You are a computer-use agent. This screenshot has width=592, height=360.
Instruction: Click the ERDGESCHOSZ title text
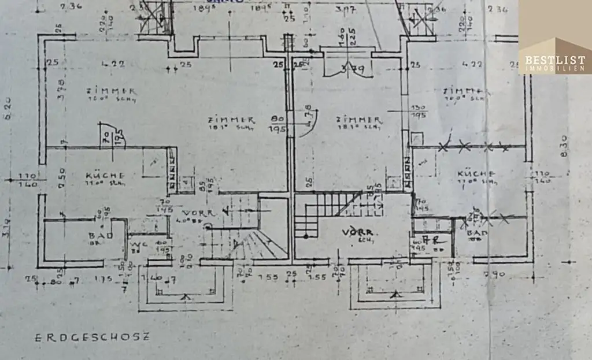click(x=91, y=337)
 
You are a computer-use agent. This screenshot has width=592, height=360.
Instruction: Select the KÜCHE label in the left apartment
click(x=106, y=175)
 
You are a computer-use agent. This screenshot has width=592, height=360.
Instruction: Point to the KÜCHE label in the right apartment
click(x=476, y=174)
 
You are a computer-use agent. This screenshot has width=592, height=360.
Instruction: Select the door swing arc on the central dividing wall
click(x=303, y=124)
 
